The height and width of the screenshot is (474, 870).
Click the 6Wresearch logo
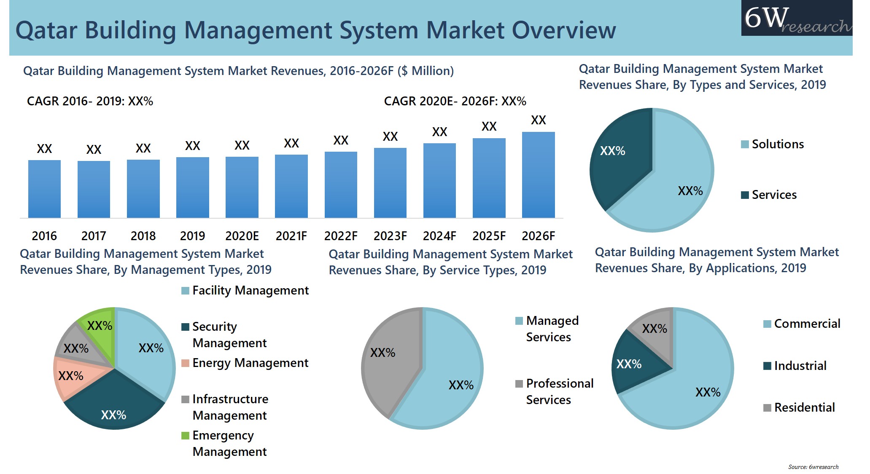[x=797, y=19]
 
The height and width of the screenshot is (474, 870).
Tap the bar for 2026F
[x=538, y=175]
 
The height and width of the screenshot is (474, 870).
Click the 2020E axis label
[x=242, y=236]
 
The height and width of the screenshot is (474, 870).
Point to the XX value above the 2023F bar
[x=390, y=137]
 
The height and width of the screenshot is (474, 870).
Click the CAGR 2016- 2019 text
[x=90, y=101]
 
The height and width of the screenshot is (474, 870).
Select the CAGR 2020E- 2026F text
[x=455, y=101]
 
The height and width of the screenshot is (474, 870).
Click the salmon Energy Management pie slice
[x=72, y=376]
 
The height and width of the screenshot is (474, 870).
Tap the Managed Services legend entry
[x=547, y=329]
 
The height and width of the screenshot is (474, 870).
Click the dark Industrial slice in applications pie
[x=633, y=364]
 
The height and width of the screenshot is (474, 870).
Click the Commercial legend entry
[x=802, y=324]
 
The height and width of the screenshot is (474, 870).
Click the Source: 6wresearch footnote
[x=813, y=467]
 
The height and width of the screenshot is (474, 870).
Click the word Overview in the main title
[x=563, y=30]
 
